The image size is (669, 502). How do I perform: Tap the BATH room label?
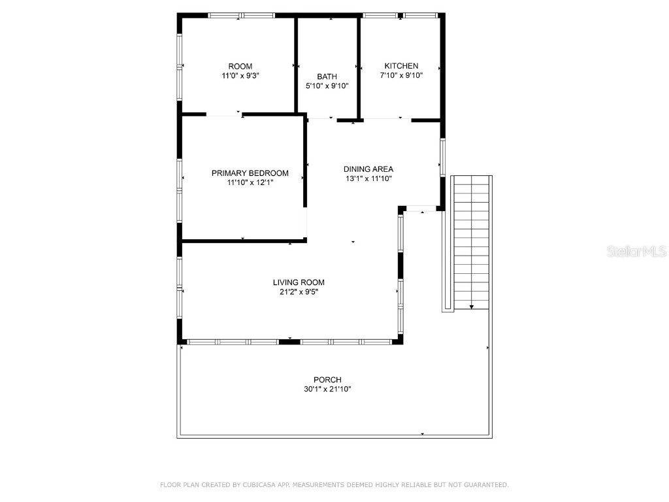(327, 76)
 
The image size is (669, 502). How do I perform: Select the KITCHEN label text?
(401, 66)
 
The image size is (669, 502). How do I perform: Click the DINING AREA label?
(368, 169)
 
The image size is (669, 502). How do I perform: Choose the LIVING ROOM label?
(299, 282)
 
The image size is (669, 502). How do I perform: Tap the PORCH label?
(327, 380)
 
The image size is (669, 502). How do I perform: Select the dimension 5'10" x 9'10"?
(327, 86)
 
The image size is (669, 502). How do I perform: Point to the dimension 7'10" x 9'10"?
(401, 75)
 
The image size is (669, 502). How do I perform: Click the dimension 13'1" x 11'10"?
(368, 178)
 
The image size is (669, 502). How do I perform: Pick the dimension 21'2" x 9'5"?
(299, 292)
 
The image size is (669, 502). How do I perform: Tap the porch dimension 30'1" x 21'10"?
(327, 389)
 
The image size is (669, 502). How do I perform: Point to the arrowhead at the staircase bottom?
(472, 307)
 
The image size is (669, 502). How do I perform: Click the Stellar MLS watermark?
(636, 251)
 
